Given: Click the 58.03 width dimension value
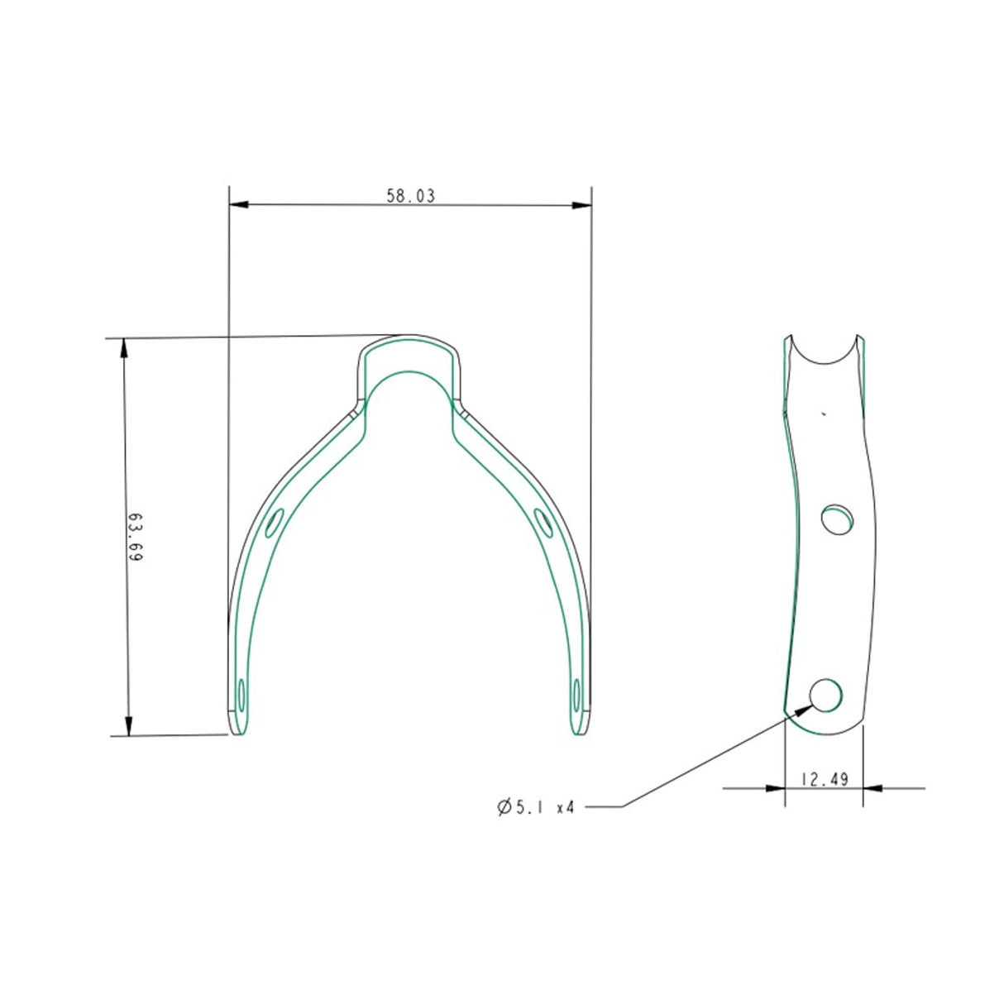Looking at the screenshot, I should click(410, 196).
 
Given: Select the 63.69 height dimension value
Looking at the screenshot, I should click(135, 538).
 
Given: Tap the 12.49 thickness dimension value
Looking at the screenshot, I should click(825, 779).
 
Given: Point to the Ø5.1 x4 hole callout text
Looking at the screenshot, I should click(536, 807).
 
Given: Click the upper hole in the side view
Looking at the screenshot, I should click(838, 519).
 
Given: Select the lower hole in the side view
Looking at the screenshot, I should click(826, 695).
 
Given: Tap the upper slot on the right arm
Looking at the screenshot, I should click(544, 523).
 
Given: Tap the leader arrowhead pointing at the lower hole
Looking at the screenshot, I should click(802, 708).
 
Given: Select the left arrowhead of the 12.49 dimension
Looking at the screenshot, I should click(775, 788).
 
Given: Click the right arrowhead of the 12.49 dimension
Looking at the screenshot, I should click(873, 788).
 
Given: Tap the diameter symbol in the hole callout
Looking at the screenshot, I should click(504, 807).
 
